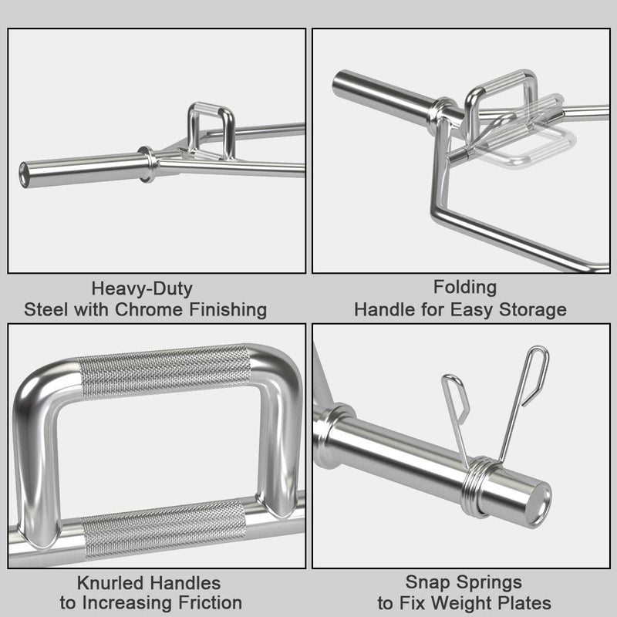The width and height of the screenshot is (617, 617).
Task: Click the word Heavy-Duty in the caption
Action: tap(142, 289)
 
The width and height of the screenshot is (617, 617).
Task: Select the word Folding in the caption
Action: tap(464, 288)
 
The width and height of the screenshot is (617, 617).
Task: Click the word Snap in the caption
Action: tap(425, 582)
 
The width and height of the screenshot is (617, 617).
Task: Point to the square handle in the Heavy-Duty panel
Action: tap(211, 130)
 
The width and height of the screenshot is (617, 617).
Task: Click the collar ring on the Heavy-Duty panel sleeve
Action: tap(147, 164)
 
